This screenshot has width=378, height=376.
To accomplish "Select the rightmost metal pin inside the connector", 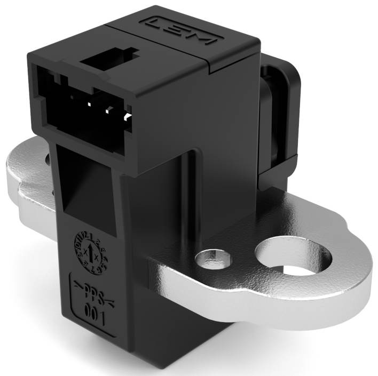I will click(127, 114).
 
